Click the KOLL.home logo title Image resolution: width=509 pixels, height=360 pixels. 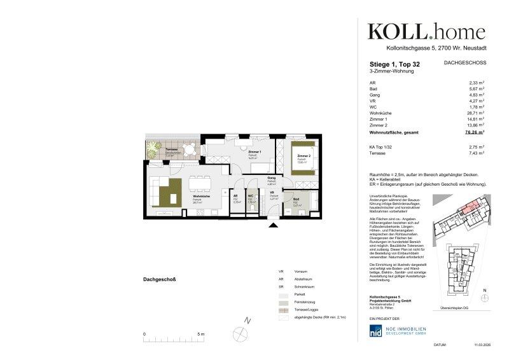pyautogui.click(x=426, y=31)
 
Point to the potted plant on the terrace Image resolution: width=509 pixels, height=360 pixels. pyautogui.click(x=153, y=149)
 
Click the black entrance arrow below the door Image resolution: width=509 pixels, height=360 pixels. pyautogui.click(x=274, y=223)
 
